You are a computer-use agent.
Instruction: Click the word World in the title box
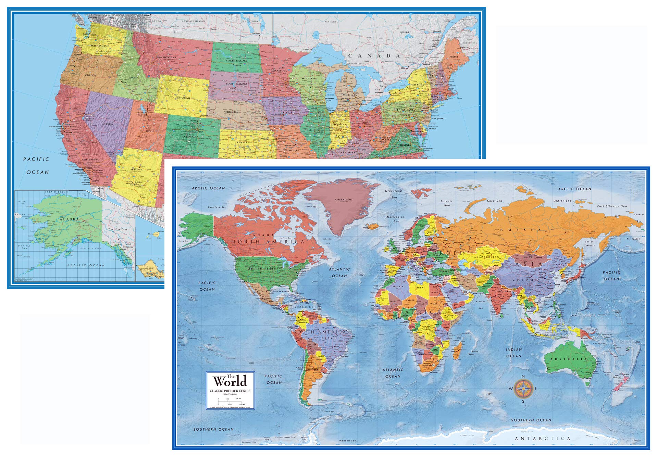(x=230, y=381)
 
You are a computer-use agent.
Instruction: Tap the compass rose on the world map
(x=523, y=389)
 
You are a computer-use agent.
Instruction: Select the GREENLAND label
(x=344, y=199)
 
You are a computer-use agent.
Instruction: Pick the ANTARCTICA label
(x=543, y=438)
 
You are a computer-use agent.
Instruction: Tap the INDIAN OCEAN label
(x=514, y=353)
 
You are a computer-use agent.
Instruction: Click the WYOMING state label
(x=183, y=98)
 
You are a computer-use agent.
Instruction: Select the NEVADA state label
(x=107, y=124)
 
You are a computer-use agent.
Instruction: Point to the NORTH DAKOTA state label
(x=236, y=61)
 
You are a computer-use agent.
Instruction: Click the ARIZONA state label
(x=136, y=169)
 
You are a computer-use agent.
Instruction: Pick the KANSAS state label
(x=242, y=142)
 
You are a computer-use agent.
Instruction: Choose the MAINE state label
(x=454, y=56)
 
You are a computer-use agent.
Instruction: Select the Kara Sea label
(x=494, y=201)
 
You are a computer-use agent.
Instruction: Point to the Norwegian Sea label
(x=396, y=219)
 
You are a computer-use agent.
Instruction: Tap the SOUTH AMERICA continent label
(x=320, y=332)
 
